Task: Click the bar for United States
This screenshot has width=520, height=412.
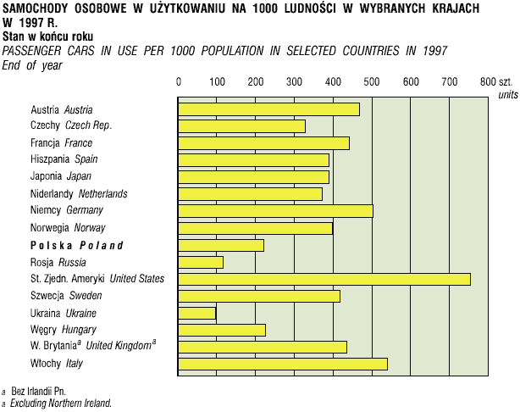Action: click(x=324, y=279)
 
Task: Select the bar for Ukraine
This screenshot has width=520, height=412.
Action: click(x=197, y=313)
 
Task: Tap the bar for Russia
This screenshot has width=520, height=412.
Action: click(x=201, y=262)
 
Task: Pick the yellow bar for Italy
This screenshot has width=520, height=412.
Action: click(x=283, y=364)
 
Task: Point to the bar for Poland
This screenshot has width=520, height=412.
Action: click(x=221, y=245)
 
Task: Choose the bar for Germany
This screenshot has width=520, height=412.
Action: click(x=275, y=210)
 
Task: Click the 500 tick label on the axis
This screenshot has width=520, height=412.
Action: click(x=372, y=81)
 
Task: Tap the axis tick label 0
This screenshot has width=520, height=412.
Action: click(x=179, y=81)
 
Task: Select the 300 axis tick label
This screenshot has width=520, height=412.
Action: click(x=295, y=81)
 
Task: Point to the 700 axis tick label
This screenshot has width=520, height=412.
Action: click(x=449, y=81)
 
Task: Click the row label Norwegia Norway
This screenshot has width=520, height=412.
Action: click(x=68, y=227)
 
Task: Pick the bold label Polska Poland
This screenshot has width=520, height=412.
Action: click(x=76, y=245)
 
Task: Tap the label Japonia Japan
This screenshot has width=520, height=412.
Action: click(x=61, y=176)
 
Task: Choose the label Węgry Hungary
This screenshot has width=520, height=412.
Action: click(x=63, y=329)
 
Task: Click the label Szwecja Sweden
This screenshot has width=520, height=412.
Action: click(x=66, y=295)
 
